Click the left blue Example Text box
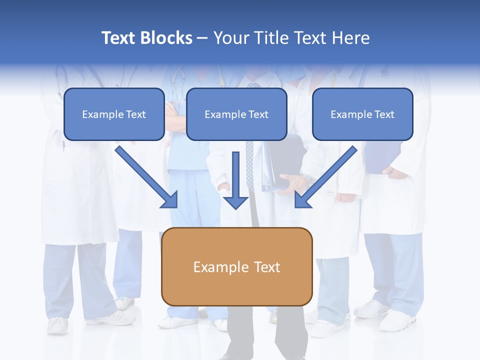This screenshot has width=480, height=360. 114,114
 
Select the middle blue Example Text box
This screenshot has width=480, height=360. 236,114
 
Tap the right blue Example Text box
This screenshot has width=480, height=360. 362,114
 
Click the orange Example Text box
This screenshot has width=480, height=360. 236,266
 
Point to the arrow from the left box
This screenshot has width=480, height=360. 145,175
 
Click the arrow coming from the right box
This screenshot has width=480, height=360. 327,175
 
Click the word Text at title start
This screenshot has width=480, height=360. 118,38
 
